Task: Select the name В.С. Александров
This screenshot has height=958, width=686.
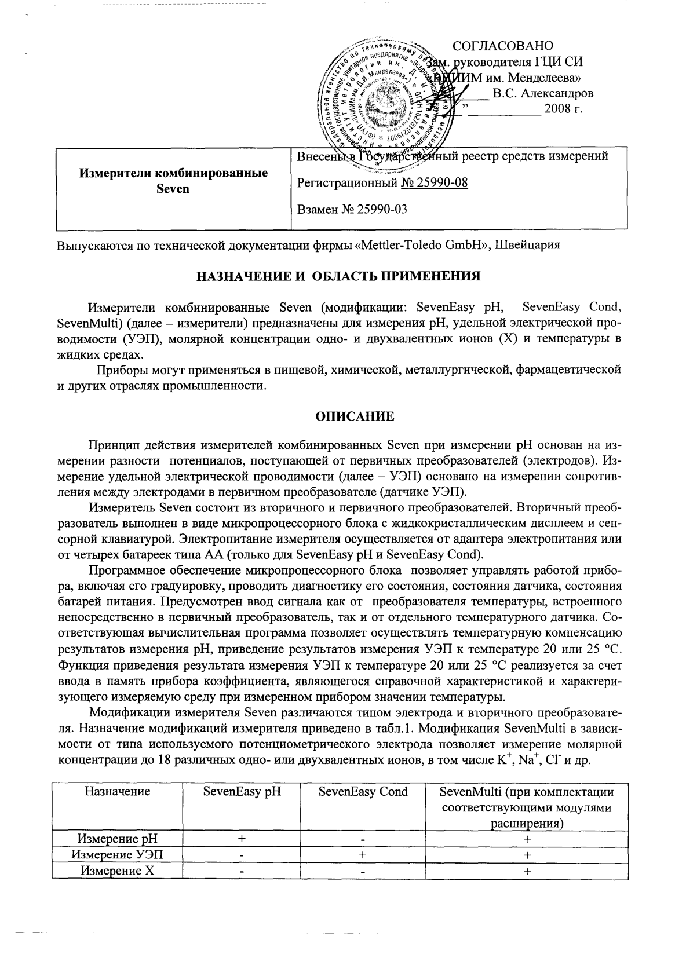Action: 542,93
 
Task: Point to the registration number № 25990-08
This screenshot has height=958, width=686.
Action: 434,183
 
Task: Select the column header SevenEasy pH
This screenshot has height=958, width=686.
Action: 242,791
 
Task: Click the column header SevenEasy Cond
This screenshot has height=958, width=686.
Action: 363,791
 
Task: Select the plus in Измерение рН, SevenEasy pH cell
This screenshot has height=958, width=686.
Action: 242,839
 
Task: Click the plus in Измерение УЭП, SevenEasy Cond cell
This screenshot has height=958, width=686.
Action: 363,854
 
